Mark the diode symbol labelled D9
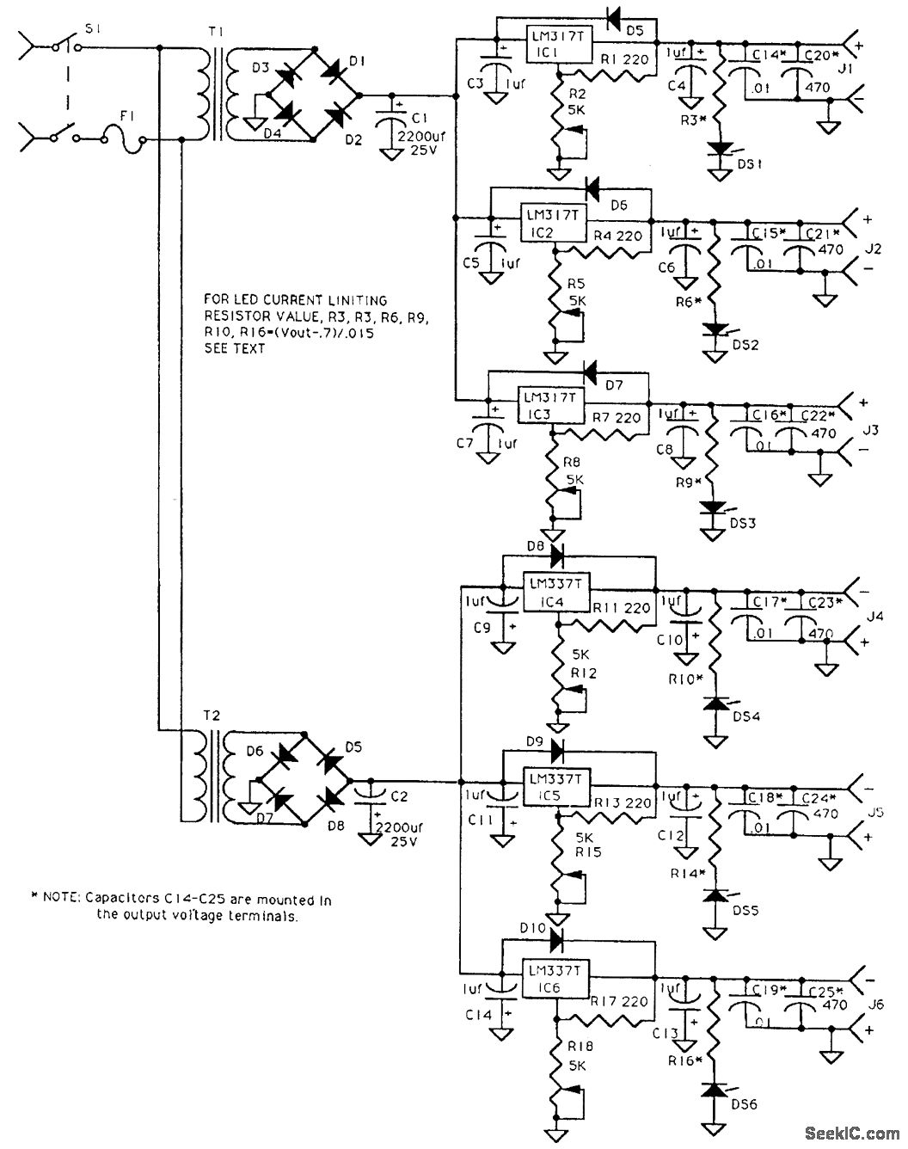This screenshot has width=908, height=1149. [x=555, y=745]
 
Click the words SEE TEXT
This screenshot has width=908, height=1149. [x=235, y=348]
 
